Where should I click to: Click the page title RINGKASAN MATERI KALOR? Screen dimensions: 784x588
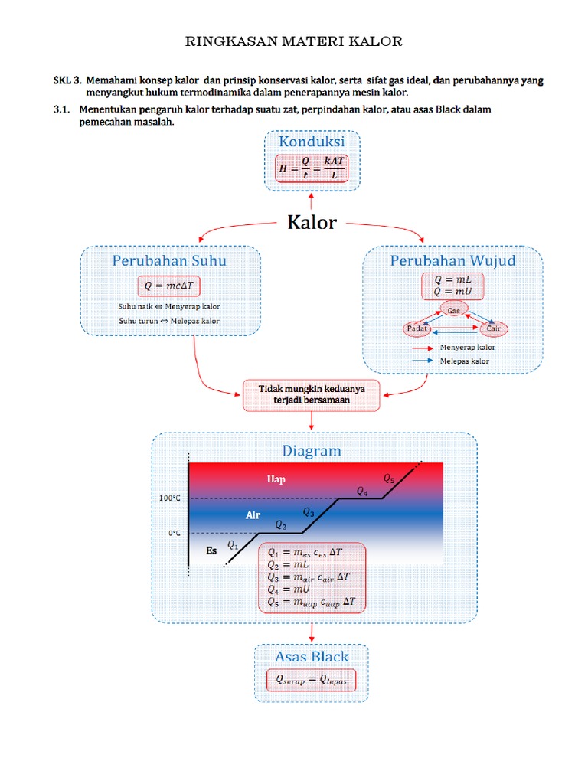(x=294, y=41)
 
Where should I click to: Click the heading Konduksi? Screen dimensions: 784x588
(x=311, y=142)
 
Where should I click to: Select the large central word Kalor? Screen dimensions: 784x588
(x=312, y=223)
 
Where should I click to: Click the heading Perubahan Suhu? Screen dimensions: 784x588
(x=169, y=260)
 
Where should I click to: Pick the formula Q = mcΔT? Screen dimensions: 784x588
(x=170, y=286)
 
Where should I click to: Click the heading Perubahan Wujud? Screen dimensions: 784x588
(x=452, y=260)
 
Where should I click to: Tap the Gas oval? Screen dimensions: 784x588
(x=453, y=311)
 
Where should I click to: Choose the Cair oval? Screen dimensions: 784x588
(x=492, y=328)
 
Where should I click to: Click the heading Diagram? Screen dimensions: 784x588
(x=311, y=451)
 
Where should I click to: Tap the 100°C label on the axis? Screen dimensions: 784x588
(x=170, y=498)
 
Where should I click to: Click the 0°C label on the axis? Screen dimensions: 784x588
(x=174, y=533)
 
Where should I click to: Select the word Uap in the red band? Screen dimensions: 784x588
(x=276, y=479)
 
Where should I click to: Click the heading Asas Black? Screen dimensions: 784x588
(x=312, y=656)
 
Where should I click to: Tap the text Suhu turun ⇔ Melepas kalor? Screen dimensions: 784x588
(x=169, y=321)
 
